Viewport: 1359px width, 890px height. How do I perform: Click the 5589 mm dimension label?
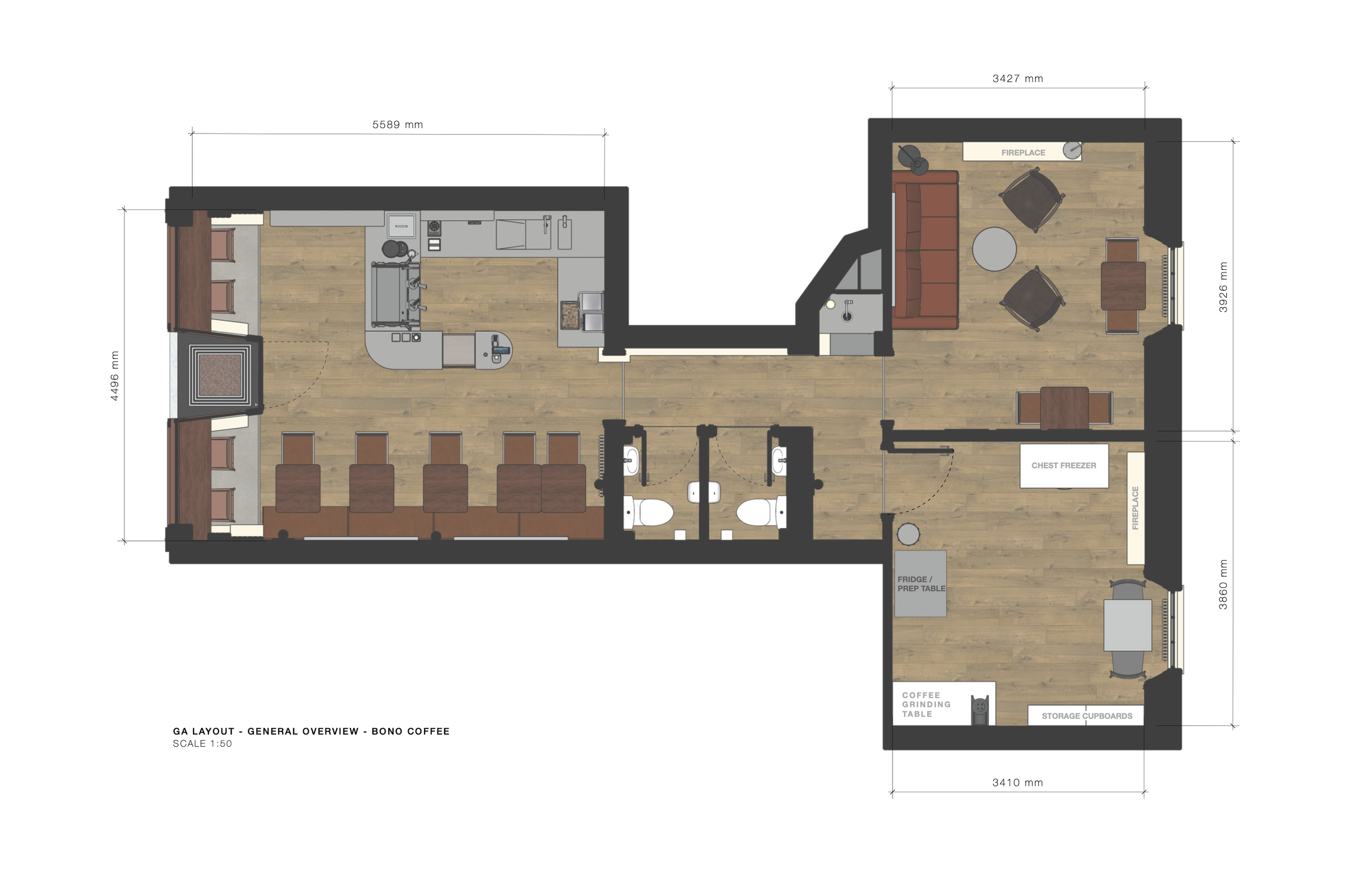397,124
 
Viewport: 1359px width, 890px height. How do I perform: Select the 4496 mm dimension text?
115,376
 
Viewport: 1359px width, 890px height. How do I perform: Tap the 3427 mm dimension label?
1018,79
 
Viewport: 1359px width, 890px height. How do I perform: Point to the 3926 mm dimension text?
1223,287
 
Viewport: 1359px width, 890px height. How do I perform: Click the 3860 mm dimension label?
1223,584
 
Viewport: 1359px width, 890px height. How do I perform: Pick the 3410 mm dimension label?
1018,782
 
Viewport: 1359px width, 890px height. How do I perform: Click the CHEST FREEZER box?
1064,465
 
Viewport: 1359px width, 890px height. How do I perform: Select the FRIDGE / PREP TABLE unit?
920,584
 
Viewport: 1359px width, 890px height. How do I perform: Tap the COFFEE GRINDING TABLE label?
926,705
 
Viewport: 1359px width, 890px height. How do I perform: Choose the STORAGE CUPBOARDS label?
1087,716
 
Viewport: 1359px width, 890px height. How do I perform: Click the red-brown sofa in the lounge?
925,250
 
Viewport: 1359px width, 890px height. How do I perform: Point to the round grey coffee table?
994,249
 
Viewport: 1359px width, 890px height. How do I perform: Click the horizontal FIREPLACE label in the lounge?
1023,153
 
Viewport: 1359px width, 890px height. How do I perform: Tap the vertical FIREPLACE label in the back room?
1135,508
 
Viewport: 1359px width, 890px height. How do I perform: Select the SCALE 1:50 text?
202,743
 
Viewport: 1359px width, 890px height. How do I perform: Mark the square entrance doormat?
220,375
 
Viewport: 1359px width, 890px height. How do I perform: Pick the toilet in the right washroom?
760,512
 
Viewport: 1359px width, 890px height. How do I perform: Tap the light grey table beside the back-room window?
1127,626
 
